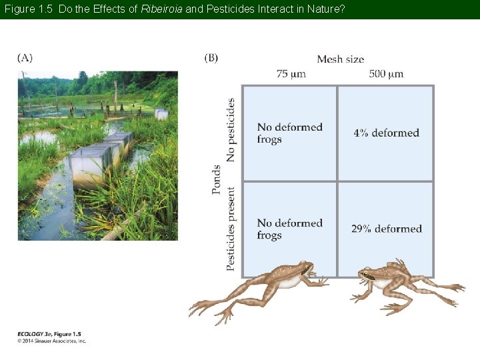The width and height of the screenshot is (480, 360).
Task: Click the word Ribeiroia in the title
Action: click(x=161, y=9)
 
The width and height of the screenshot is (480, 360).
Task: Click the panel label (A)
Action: click(x=25, y=58)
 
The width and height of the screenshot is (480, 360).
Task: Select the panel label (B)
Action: click(x=211, y=58)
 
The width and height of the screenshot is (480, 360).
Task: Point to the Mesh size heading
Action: click(x=340, y=59)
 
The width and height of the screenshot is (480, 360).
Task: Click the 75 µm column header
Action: click(x=291, y=74)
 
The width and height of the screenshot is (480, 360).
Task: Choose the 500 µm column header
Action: click(x=386, y=74)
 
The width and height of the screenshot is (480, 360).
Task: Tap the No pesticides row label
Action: click(x=231, y=130)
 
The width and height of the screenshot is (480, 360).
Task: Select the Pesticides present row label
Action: click(x=231, y=228)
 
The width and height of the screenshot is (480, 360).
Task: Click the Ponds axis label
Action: click(x=217, y=179)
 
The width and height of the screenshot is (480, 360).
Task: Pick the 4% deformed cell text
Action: click(x=386, y=133)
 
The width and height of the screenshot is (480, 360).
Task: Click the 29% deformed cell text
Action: click(x=386, y=229)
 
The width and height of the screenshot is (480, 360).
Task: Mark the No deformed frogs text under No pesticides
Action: click(x=289, y=133)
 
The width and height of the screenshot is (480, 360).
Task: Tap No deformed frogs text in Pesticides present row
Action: click(x=289, y=229)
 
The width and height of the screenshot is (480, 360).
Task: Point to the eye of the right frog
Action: click(x=365, y=275)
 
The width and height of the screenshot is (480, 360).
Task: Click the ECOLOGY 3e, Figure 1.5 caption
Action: click(x=49, y=334)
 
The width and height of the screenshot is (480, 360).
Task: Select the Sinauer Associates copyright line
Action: click(x=52, y=341)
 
